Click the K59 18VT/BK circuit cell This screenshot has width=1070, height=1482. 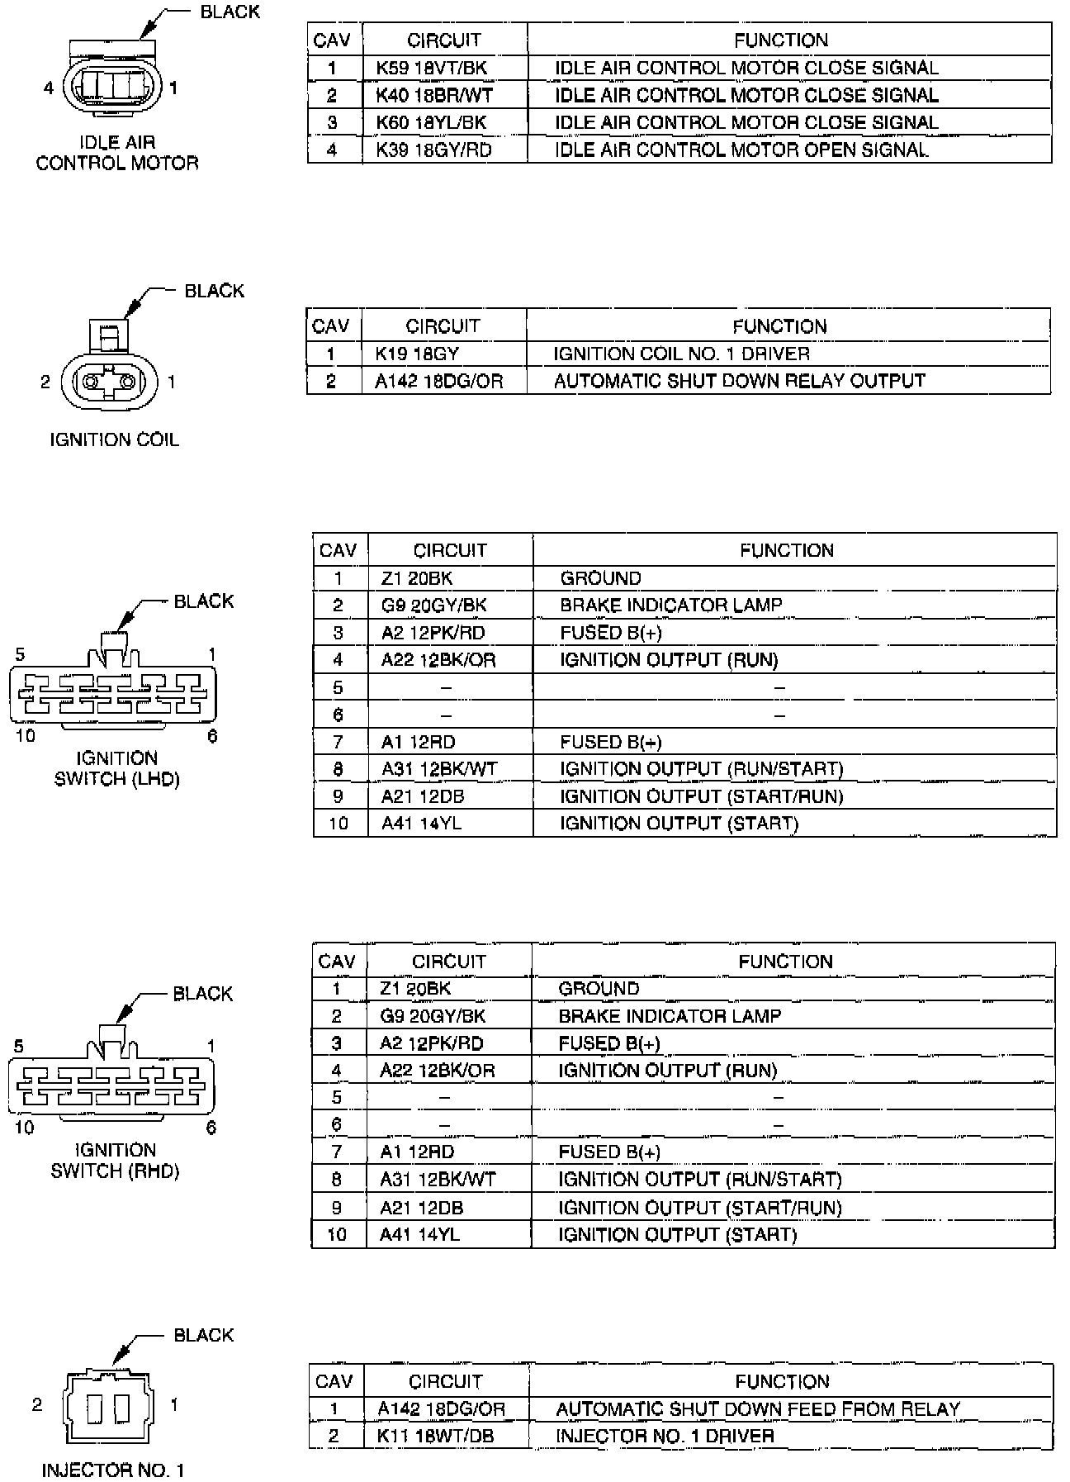pos(431,68)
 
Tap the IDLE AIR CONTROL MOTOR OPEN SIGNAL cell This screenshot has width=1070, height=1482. pos(741,150)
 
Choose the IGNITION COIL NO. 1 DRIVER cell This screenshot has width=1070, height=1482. pos(681,354)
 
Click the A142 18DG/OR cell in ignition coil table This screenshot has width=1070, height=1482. pos(438,381)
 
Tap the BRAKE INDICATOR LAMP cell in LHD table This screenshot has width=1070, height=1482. pos(670,605)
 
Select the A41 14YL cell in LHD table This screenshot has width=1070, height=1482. pos(421,823)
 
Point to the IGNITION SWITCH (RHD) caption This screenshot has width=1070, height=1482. pos(115,1161)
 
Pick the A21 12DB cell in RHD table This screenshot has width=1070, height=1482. pos(421,1207)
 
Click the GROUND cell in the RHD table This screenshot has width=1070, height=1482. pos(599,988)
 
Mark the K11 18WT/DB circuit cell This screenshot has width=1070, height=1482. pos(435,1436)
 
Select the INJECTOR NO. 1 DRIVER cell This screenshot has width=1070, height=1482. pos(665,1436)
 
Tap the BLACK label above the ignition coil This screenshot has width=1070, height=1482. pos(214,291)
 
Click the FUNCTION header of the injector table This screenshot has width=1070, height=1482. pos(781,1381)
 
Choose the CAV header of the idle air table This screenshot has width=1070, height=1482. pos(332,40)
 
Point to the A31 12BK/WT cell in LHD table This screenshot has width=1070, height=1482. pos(439,768)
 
